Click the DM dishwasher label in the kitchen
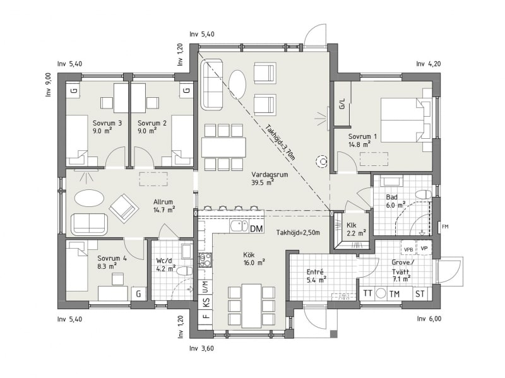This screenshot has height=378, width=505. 256,228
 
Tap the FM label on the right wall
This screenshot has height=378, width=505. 445,227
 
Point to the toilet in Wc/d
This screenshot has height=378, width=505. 185,271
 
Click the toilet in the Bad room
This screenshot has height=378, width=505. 423,194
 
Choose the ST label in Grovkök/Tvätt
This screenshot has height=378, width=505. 420,293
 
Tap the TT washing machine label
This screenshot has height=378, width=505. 367,293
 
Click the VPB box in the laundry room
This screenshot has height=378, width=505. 408,249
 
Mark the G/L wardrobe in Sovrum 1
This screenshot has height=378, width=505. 342,103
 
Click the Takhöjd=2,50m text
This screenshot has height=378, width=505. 298,232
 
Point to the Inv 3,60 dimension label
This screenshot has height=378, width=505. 201,348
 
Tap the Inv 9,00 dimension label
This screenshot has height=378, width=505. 49,85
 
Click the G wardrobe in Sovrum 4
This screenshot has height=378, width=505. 138,293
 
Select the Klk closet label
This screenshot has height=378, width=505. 352,225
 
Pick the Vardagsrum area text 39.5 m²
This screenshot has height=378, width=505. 263,182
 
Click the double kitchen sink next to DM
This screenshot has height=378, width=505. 239,226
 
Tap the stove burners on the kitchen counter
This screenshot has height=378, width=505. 205,260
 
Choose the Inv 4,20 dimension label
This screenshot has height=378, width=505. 429,64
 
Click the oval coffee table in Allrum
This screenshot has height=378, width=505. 89,198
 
